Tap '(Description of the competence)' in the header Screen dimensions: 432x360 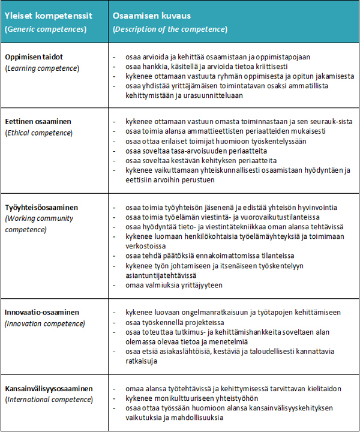tap(170, 29)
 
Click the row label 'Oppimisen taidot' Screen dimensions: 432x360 tap(34, 57)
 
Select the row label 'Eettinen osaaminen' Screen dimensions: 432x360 tap(38, 121)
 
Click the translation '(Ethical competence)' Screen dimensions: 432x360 tap(38, 132)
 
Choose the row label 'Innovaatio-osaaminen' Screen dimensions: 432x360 tap(41, 313)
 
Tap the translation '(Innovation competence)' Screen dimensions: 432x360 tap(44, 323)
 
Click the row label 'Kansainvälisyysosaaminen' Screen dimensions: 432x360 tap(49, 389)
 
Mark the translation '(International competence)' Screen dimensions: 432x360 tap(49, 399)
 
